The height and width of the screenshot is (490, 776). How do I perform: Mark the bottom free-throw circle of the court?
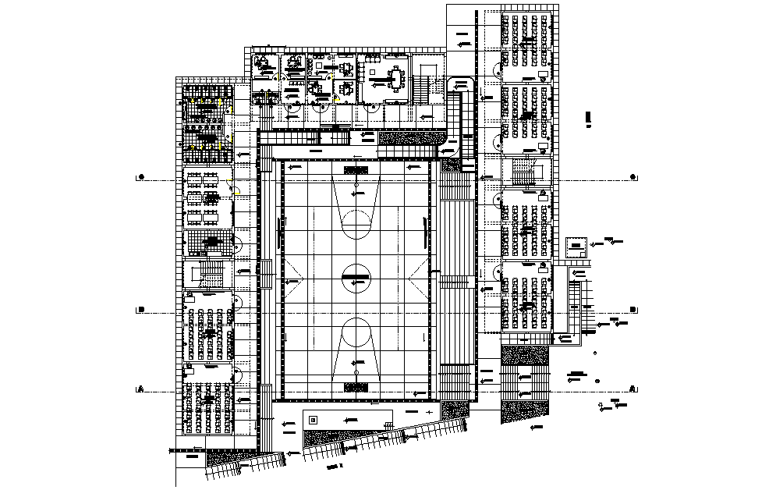tap(356, 332)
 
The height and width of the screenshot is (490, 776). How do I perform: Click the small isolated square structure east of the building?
tap(576, 247)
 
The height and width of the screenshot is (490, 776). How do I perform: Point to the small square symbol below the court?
tap(313, 420)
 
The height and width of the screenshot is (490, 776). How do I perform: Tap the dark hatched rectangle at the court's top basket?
tap(356, 169)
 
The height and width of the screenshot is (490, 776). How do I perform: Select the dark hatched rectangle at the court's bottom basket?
tap(356, 387)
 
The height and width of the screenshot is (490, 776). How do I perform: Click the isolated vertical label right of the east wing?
tap(588, 119)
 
